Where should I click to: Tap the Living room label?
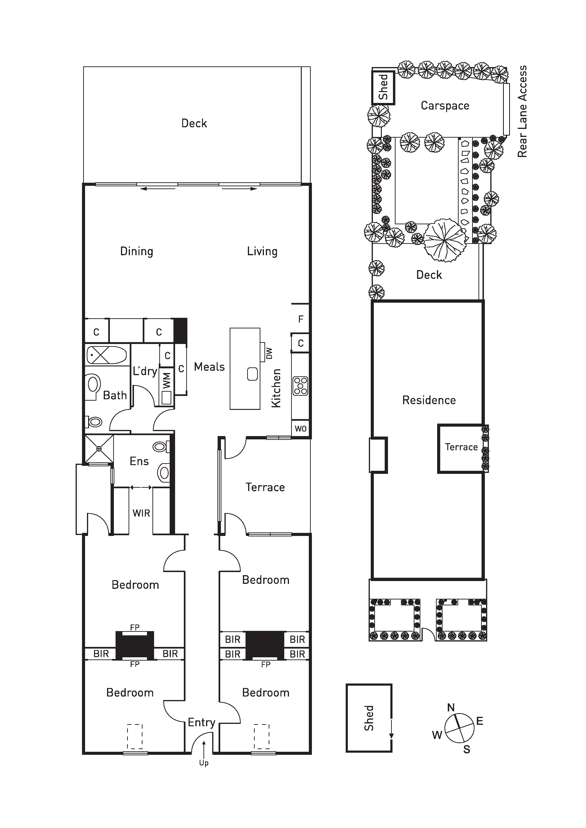pos(262,251)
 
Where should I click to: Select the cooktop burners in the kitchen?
pos(300,386)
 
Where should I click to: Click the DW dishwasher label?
pos(269,353)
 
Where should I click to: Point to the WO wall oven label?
pos(301,429)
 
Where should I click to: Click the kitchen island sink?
pos(252,374)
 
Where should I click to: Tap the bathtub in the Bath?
pos(106,355)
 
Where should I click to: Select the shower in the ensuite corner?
pos(99,449)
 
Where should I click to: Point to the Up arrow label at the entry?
pos(204,763)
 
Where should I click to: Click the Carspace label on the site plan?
pos(445,106)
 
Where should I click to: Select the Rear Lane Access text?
pos(522,111)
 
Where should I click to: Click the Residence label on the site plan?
pos(429,400)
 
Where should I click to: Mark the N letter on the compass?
pos(451,708)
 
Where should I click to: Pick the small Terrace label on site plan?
pos(461,447)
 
